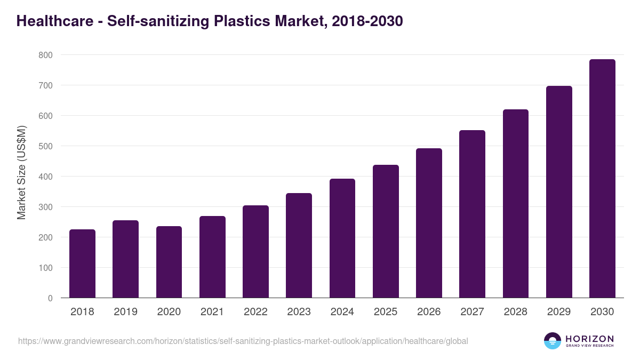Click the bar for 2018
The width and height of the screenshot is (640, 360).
[82, 263]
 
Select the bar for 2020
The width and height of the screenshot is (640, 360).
[169, 262]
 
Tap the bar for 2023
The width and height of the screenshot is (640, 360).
[299, 245]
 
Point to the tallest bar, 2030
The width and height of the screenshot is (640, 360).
[602, 179]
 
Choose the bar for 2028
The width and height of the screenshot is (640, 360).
[515, 204]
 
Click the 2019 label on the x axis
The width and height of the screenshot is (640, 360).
[125, 312]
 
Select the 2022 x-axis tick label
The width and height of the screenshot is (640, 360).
[255, 312]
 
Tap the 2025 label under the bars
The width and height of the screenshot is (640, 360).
[386, 312]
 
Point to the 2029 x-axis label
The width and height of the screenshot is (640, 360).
[559, 312]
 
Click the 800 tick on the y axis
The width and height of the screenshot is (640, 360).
[45, 55]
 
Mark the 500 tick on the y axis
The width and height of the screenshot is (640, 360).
[45, 146]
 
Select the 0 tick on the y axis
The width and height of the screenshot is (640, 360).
[50, 298]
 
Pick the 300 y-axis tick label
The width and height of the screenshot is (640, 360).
[45, 207]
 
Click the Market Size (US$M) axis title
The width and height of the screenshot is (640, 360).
[22, 173]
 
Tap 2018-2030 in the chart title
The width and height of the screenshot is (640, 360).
[366, 21]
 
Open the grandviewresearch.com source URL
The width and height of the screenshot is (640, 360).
[243, 341]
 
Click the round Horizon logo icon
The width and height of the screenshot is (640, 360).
[552, 341]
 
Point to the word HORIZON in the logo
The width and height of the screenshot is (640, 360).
[589, 338]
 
